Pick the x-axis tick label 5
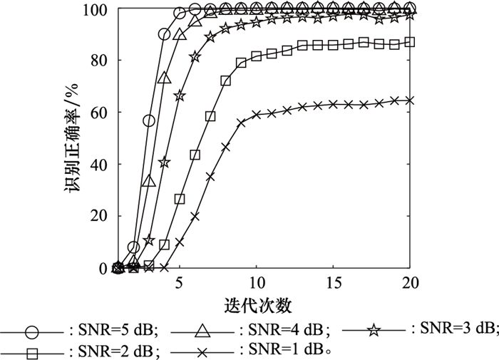(x=180, y=280)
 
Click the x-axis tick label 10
(x=257, y=280)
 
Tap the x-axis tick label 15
(x=334, y=280)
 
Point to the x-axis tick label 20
(x=409, y=280)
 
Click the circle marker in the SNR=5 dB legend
(x=31, y=331)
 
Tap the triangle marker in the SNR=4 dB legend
(x=202, y=329)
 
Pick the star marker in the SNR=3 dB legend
(x=374, y=329)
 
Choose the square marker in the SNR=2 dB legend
(x=31, y=351)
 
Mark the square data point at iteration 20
(x=409, y=42)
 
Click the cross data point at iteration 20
(x=409, y=101)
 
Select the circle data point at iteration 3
(x=149, y=120)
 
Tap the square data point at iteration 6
(x=195, y=155)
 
